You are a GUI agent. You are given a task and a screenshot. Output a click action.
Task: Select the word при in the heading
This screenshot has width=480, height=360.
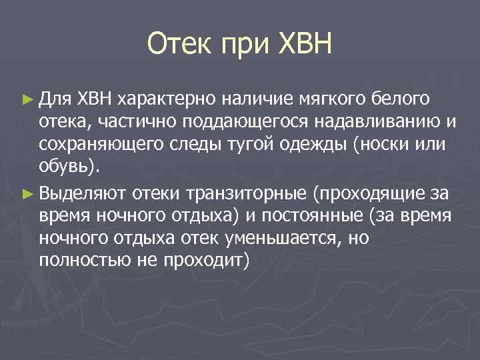click(x=242, y=47)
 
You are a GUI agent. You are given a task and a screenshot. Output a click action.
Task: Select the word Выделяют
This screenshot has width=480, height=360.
click(x=81, y=194)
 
